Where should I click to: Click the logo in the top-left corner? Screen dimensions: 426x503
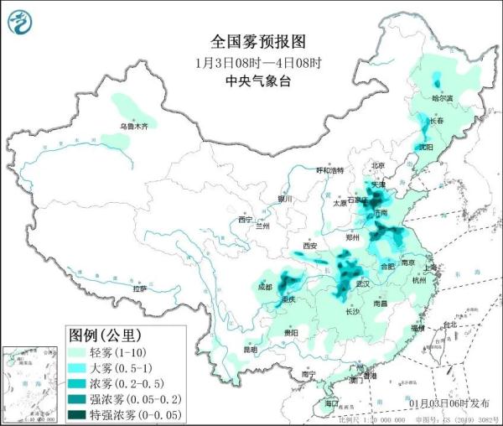pyautogui.click(x=18, y=20)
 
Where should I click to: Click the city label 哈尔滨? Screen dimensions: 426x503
pyautogui.click(x=442, y=98)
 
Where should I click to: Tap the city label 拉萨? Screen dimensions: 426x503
pyautogui.click(x=140, y=288)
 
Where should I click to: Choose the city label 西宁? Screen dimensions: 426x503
pyautogui.click(x=245, y=220)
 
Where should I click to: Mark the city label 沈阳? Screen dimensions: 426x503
pyautogui.click(x=427, y=147)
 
